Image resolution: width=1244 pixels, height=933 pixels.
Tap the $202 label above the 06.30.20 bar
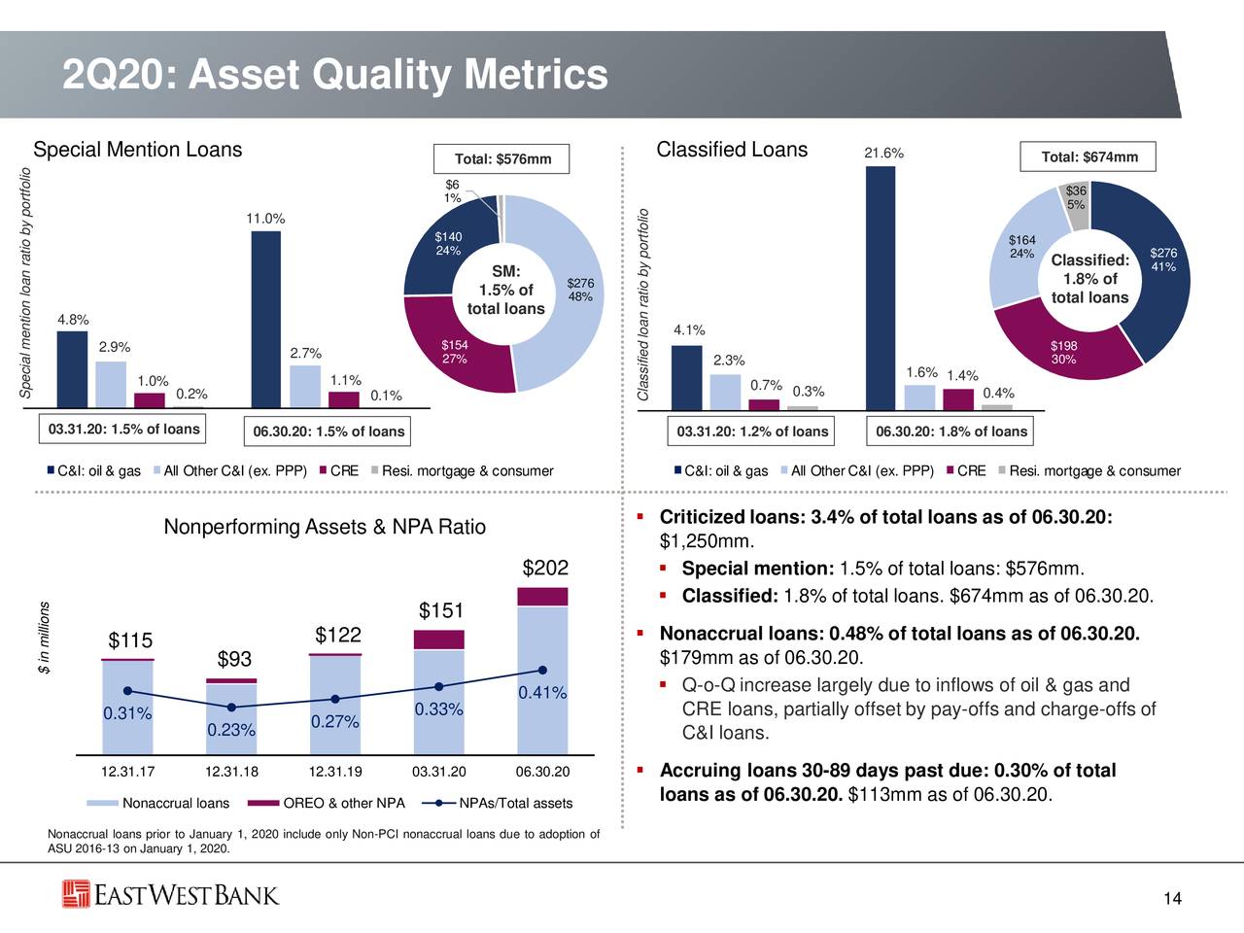(x=545, y=568)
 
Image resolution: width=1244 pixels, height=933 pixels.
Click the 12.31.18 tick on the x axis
(x=231, y=773)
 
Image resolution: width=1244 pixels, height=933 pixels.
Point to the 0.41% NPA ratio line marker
(x=543, y=670)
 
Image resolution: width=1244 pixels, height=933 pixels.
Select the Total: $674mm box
(x=1088, y=157)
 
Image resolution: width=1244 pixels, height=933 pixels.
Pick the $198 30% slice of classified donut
(x=1063, y=352)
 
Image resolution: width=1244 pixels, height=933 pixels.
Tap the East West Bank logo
(x=171, y=894)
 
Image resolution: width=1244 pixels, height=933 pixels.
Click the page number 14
(x=1172, y=899)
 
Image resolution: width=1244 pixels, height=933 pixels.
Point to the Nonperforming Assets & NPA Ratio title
(x=325, y=527)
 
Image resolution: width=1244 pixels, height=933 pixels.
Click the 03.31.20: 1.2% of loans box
(x=752, y=432)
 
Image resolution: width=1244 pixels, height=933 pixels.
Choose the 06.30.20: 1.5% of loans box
(x=328, y=432)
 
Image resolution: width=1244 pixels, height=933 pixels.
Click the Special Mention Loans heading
(x=137, y=150)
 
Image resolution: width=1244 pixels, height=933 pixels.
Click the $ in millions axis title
(x=44, y=641)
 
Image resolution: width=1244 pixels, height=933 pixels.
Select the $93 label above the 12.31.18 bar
(x=234, y=660)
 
